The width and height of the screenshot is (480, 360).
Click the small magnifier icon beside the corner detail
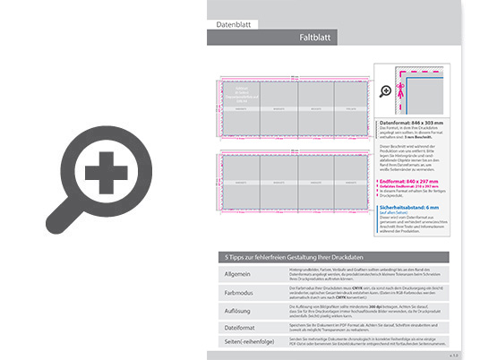386,90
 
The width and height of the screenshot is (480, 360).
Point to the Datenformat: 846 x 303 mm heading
413,123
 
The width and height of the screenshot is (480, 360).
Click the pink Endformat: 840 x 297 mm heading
413,179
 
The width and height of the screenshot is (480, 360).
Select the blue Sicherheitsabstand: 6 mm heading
413,205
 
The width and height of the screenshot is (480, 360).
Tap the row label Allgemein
236,271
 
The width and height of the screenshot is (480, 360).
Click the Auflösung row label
237,310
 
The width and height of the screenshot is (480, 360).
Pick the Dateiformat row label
239,328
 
